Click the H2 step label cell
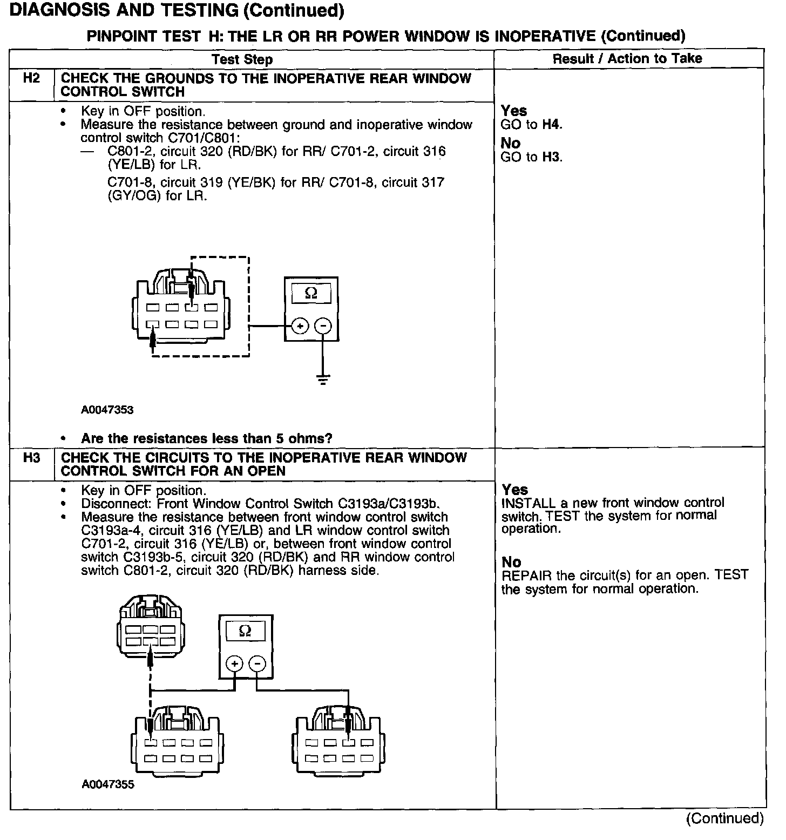click(x=32, y=79)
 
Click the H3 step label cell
click(x=32, y=458)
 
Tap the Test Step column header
click(x=242, y=59)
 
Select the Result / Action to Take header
click(x=627, y=58)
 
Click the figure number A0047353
click(x=107, y=410)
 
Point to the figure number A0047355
click(x=108, y=784)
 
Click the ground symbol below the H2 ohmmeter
click(x=323, y=379)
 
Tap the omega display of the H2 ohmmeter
click(x=311, y=294)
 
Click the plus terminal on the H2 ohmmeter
click(x=300, y=326)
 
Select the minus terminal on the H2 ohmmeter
click(x=323, y=326)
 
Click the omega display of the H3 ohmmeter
click(x=245, y=631)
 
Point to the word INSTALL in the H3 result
click(x=524, y=503)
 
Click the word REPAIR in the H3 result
click(x=521, y=575)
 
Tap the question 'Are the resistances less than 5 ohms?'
click(x=206, y=438)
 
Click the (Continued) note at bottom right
click(x=725, y=818)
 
